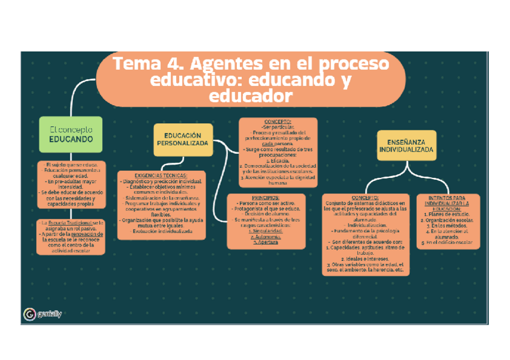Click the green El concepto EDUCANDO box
[x=71, y=133]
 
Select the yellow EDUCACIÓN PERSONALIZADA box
[x=183, y=139]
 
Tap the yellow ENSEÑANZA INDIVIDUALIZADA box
[x=407, y=145]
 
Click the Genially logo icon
[x=29, y=315]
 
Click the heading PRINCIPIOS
[x=265, y=198]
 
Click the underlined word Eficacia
[x=278, y=160]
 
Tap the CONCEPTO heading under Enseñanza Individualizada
[x=365, y=197]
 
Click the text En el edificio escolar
[x=449, y=243]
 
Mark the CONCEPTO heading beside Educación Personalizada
[x=277, y=121]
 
